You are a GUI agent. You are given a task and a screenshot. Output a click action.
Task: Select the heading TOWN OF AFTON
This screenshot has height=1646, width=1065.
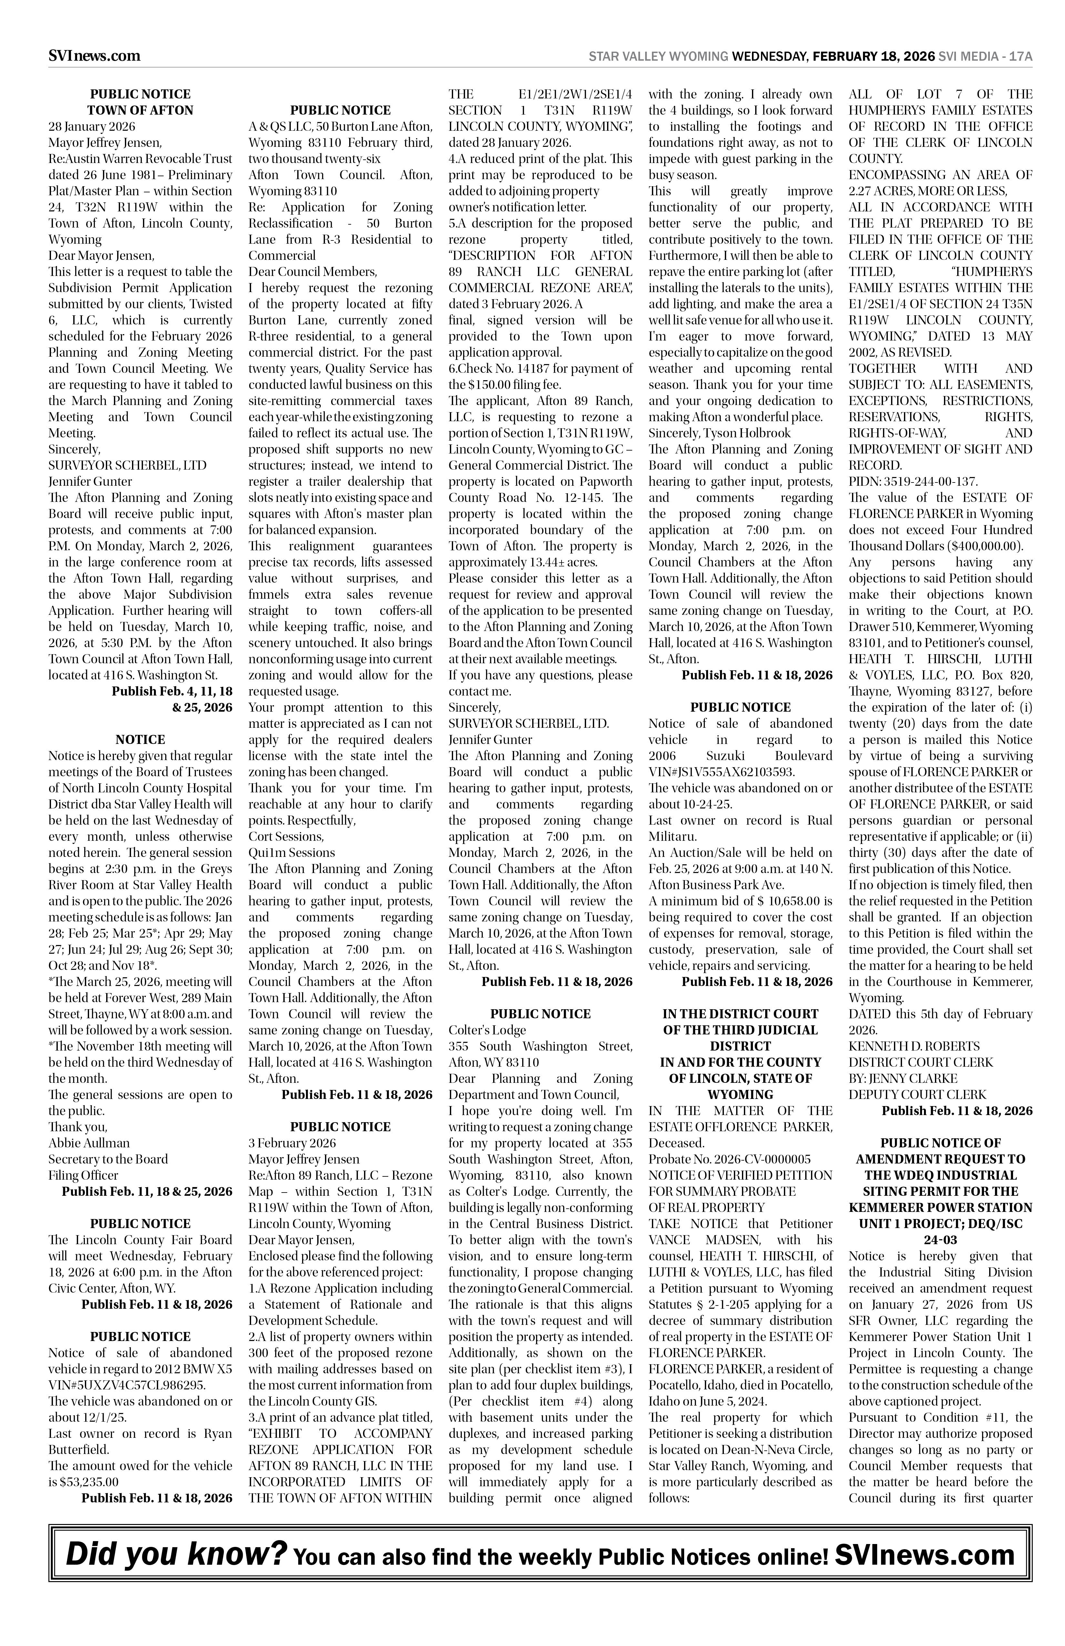pos(140,110)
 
